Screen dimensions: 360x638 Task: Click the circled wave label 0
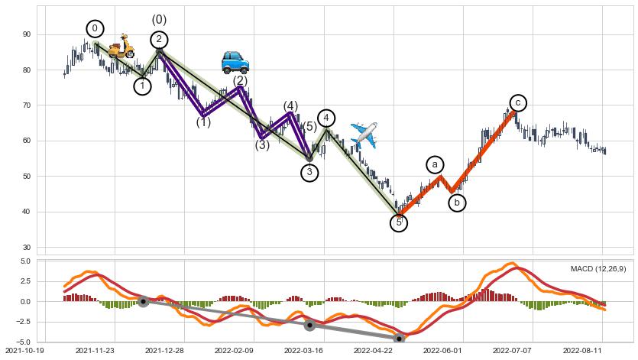pyautogui.click(x=95, y=29)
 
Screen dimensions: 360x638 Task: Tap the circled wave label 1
pyautogui.click(x=142, y=86)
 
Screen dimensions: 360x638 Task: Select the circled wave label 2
pyautogui.click(x=159, y=40)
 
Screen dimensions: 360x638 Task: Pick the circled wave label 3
pyautogui.click(x=309, y=173)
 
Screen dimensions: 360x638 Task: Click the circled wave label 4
pyautogui.click(x=326, y=118)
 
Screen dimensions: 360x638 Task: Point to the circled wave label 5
pyautogui.click(x=399, y=222)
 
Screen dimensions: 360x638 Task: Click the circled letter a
pyautogui.click(x=435, y=164)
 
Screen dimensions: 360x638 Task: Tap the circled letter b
pyautogui.click(x=457, y=203)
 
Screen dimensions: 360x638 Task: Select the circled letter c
pyautogui.click(x=518, y=102)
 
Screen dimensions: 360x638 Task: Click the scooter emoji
pyautogui.click(x=120, y=47)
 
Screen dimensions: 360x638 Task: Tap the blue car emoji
pyautogui.click(x=235, y=61)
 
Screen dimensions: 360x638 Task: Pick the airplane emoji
pyautogui.click(x=364, y=135)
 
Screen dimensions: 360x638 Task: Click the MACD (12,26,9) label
pyautogui.click(x=598, y=268)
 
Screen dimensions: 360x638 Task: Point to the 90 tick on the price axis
pyautogui.click(x=26, y=34)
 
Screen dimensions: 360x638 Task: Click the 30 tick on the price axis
pyautogui.click(x=26, y=248)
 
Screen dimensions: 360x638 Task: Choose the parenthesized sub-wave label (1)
pyautogui.click(x=203, y=122)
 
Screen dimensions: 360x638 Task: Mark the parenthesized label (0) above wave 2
pyautogui.click(x=159, y=19)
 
